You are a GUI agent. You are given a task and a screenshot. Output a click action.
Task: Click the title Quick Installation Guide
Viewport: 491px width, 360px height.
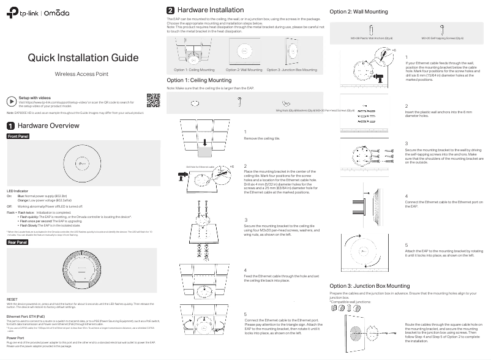(x=81, y=58)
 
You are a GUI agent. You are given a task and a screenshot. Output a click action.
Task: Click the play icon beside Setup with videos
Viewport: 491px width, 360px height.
(x=12, y=102)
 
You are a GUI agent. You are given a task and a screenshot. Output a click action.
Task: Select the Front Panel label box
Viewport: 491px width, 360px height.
(x=18, y=136)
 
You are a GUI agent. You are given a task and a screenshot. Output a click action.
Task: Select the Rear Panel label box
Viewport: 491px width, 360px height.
(x=17, y=243)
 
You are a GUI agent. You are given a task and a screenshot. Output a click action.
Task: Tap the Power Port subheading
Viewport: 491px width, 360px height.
(x=16, y=337)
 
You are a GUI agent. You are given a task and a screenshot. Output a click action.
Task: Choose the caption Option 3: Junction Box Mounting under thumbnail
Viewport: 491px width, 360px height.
(x=291, y=70)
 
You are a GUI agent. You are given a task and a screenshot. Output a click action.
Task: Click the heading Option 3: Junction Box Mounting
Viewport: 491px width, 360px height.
(x=370, y=286)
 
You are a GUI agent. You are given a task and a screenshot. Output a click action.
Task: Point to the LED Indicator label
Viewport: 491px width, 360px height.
(x=18, y=191)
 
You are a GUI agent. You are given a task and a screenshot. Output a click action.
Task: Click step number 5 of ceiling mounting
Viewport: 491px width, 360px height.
(x=245, y=314)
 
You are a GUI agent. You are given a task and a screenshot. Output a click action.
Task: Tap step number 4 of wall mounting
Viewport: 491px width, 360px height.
(x=407, y=196)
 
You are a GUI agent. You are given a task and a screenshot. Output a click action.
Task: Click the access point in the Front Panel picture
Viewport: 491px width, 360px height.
(x=81, y=162)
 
